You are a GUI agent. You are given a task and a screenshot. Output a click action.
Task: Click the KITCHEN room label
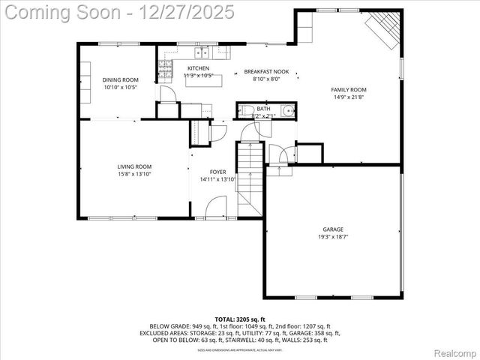pos(198,68)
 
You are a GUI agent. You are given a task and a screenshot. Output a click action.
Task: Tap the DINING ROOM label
pos(120,80)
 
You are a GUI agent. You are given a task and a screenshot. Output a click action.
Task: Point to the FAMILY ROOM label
pos(346,89)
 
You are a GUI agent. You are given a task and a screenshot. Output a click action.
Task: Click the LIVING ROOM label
pos(134,166)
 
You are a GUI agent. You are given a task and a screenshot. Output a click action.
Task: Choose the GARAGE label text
pos(333,229)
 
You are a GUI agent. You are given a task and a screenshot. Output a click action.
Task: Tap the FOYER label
pos(217,172)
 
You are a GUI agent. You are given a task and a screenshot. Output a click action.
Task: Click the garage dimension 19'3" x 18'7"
pos(333,237)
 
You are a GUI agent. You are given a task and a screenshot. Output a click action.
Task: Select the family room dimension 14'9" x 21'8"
pos(346,97)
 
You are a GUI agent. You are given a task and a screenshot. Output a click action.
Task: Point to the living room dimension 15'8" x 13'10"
pos(134,174)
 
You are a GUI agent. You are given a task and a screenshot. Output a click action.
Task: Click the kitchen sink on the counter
pos(201,52)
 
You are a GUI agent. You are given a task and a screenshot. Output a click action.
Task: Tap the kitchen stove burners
pos(165,69)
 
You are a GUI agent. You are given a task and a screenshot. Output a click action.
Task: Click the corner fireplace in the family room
pos(382,30)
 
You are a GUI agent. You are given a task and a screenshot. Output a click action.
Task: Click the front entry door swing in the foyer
pos(216,207)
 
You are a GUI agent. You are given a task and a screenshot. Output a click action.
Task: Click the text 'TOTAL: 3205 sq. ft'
pos(240,319)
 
